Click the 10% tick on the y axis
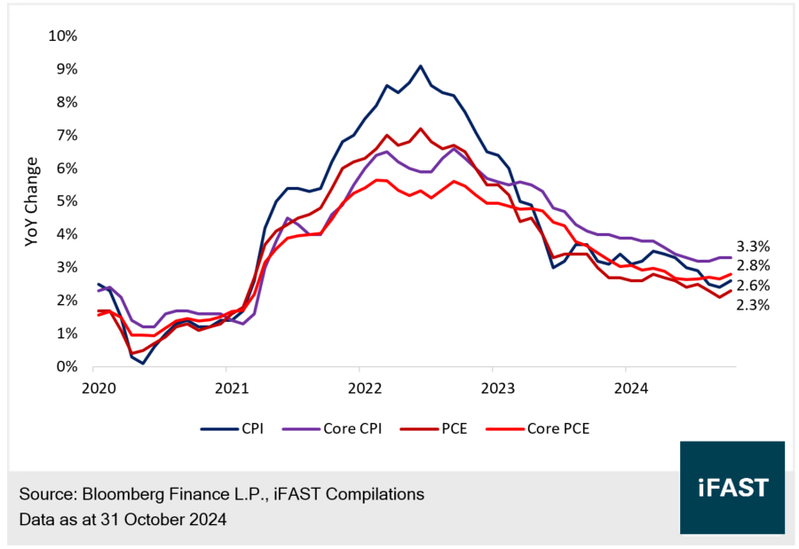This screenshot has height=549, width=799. (x=63, y=36)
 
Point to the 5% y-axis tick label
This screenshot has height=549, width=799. (x=67, y=201)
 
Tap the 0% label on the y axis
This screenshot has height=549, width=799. (x=67, y=366)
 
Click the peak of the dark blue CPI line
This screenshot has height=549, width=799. (x=420, y=66)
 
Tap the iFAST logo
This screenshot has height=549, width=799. (x=732, y=487)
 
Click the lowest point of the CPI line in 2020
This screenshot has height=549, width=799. (x=143, y=363)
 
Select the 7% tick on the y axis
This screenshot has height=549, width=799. (x=67, y=136)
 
